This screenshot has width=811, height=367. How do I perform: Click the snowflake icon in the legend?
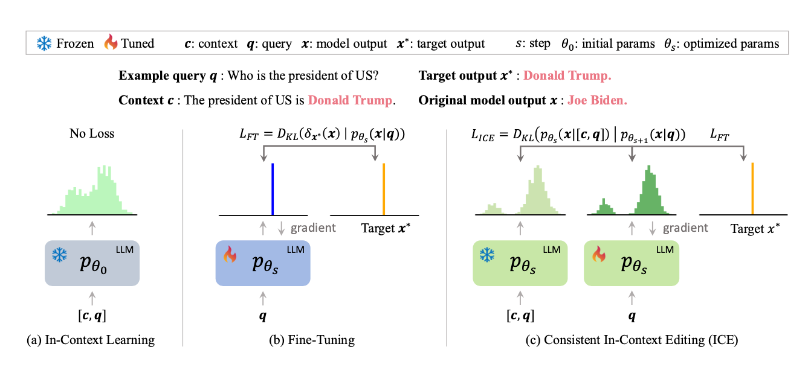pyautogui.click(x=44, y=43)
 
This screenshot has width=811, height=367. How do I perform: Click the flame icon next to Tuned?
pyautogui.click(x=111, y=43)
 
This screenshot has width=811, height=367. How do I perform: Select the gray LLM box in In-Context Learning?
pyautogui.click(x=92, y=263)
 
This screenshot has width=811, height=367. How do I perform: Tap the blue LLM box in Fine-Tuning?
pyautogui.click(x=263, y=263)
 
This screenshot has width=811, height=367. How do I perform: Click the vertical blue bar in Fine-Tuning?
pyautogui.click(x=273, y=188)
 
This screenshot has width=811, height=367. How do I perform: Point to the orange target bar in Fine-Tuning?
pyautogui.click(x=384, y=188)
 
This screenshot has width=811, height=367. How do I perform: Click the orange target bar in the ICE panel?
pyautogui.click(x=752, y=188)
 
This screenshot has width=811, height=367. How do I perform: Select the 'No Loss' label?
pyautogui.click(x=92, y=133)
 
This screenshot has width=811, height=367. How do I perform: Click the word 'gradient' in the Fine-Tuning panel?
pyautogui.click(x=313, y=228)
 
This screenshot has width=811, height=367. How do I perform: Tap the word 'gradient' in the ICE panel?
pyautogui.click(x=685, y=228)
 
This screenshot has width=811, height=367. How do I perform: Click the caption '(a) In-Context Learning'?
pyautogui.click(x=91, y=340)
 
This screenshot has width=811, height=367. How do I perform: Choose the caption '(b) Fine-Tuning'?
pyautogui.click(x=312, y=340)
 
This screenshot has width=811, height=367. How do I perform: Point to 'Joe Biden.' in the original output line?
pyautogui.click(x=597, y=100)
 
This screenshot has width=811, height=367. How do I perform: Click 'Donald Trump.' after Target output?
pyautogui.click(x=567, y=76)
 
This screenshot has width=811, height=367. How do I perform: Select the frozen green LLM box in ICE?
pyautogui.click(x=520, y=263)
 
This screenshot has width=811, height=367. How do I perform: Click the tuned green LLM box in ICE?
pyautogui.click(x=632, y=263)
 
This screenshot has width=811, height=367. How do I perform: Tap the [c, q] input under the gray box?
pyautogui.click(x=92, y=314)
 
